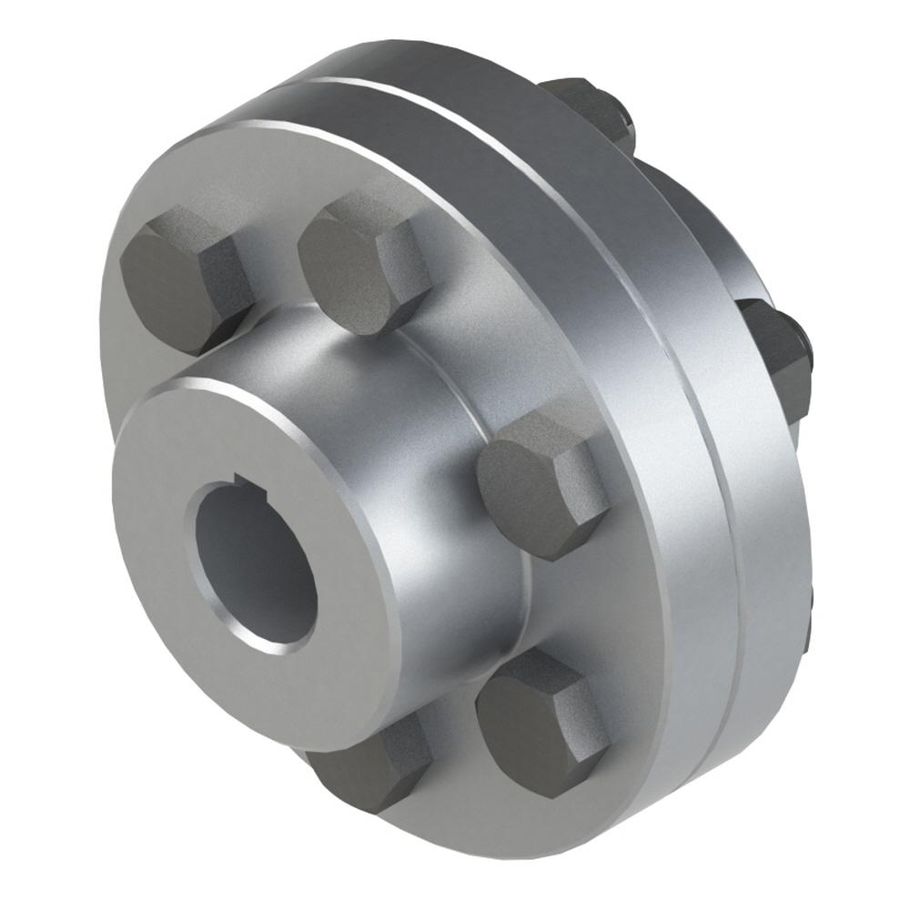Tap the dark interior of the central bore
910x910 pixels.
[250, 564]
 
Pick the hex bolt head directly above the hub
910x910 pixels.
[359, 264]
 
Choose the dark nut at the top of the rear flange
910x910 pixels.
[582, 109]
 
